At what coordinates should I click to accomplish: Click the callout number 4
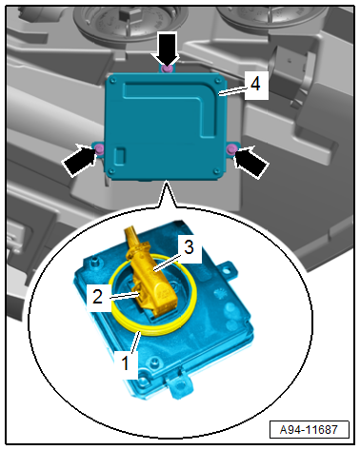pos(255,85)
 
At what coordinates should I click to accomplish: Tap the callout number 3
pos(189,246)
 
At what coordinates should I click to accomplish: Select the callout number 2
pos(97,297)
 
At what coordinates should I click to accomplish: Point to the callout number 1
pos(126,362)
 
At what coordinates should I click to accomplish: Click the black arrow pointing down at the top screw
pos(167,49)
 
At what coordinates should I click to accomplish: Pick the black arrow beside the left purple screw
pos(79,159)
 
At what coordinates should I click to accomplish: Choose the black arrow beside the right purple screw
pos(250,162)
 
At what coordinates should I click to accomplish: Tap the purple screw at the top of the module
pos(167,68)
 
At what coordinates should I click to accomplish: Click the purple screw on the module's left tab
pos(100,148)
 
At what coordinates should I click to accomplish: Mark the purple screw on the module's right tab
pos(232,148)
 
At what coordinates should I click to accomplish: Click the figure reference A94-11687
pos(309,430)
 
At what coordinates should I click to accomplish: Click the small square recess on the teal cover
pos(120,156)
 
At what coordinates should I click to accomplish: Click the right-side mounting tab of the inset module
pos(228,269)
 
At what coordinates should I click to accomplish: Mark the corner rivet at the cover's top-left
pos(111,82)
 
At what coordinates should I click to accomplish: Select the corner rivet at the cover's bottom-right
pos(217,171)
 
